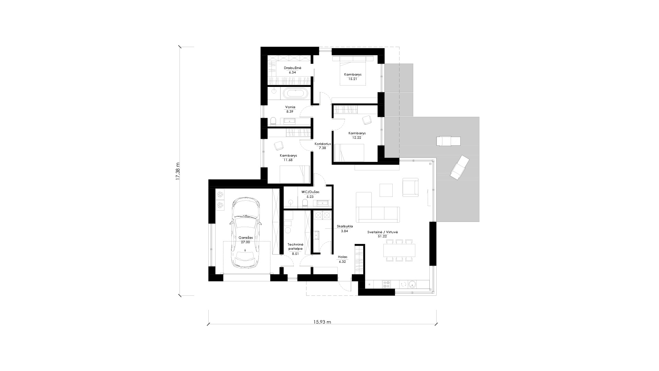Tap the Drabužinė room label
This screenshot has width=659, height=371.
tap(292, 68)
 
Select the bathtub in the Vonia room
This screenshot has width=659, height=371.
tap(294, 94)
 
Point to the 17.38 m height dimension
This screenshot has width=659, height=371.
tap(177, 171)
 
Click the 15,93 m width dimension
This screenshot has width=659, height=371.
tap(322, 322)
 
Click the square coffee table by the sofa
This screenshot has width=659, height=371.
tap(386, 190)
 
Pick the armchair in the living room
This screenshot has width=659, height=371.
tap(411, 187)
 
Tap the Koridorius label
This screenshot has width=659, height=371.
tap(323, 144)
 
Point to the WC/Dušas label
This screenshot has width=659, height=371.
tap(310, 192)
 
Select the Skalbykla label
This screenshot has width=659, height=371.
tap(345, 226)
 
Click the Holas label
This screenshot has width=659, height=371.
tap(343, 257)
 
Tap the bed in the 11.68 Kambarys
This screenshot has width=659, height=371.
tap(295, 174)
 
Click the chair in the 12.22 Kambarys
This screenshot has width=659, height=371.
tap(367, 120)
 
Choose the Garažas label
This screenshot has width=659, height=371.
tap(245, 237)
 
